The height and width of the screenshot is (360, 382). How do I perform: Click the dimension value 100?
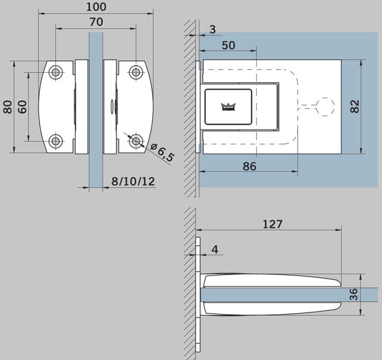point(95,7)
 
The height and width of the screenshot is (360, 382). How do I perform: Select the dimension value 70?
point(95,22)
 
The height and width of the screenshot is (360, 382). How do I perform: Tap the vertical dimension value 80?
point(7,107)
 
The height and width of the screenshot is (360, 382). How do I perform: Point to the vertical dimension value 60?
point(22,107)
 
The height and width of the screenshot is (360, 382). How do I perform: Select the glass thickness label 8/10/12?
point(133,182)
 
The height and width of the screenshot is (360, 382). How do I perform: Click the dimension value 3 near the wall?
point(212,29)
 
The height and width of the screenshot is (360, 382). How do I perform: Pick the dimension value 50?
point(228,45)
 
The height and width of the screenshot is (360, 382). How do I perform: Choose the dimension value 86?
point(249,166)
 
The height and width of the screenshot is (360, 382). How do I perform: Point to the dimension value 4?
point(214,248)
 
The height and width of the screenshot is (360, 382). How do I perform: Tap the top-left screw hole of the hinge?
point(56,72)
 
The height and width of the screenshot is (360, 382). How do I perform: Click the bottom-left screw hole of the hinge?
point(56,141)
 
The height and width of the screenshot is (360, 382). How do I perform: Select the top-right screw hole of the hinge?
point(136,72)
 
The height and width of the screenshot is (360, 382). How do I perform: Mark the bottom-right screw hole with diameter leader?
point(136,141)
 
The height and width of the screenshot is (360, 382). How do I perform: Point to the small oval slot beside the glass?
point(111,107)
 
